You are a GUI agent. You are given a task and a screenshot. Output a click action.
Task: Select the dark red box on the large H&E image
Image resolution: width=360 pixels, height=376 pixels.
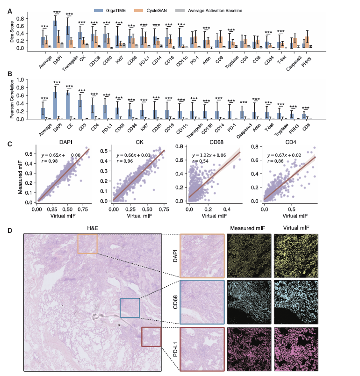pos(151,337)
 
